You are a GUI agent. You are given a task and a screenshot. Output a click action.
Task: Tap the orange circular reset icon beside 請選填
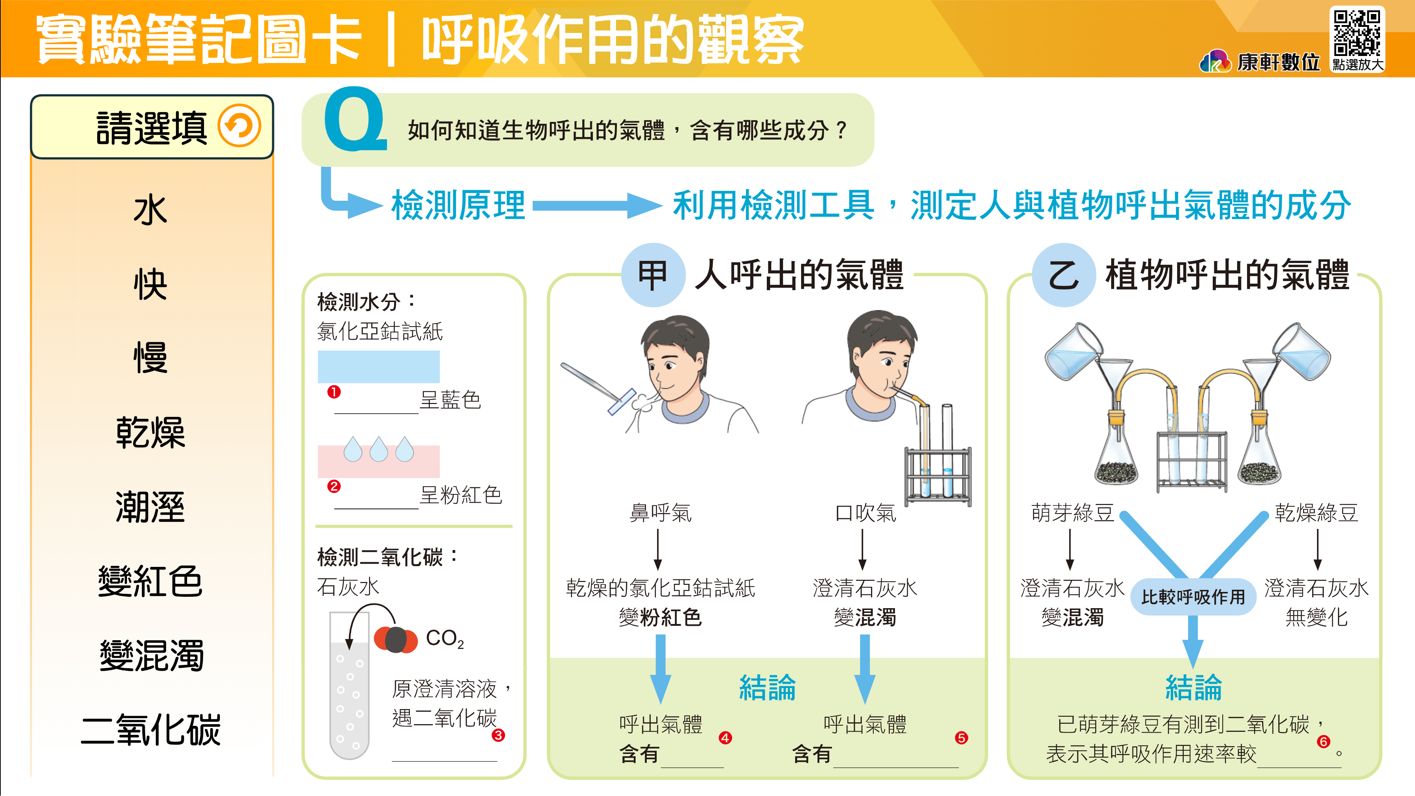pos(239,126)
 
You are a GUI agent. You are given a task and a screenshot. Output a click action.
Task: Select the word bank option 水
pos(150,209)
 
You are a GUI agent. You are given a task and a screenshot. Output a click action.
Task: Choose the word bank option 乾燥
pos(150,432)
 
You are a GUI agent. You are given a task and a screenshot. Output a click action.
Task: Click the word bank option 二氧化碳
pos(151,730)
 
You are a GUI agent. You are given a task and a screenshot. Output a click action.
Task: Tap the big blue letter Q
pos(356,119)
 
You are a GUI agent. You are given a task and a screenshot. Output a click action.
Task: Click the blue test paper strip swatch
pos(379,367)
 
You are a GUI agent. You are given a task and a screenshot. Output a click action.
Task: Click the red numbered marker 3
pos(498,735)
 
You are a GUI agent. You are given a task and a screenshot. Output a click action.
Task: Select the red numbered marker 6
pos(1323,741)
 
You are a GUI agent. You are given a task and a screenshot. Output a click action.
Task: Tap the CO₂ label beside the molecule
pos(445,639)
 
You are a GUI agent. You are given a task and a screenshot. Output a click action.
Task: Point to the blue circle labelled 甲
pos(653,275)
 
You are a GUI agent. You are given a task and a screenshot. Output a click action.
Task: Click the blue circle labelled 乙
pos(1064,275)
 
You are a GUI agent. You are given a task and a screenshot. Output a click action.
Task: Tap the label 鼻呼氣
pos(660,513)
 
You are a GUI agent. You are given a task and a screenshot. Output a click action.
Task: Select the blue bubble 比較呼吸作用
pos(1193,597)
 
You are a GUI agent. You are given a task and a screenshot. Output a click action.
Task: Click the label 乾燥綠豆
pos(1316,513)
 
